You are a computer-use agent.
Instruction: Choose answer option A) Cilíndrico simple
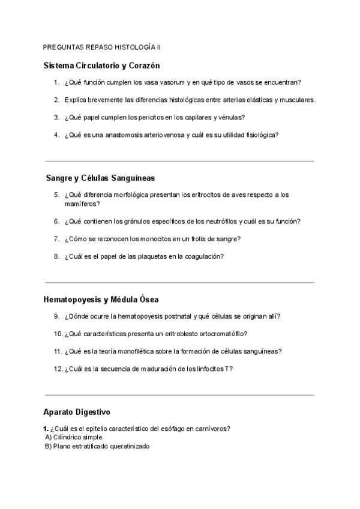point(73,438)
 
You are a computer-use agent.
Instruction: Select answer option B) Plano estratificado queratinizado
point(97,447)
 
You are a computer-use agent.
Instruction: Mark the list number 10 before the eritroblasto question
point(58,334)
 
